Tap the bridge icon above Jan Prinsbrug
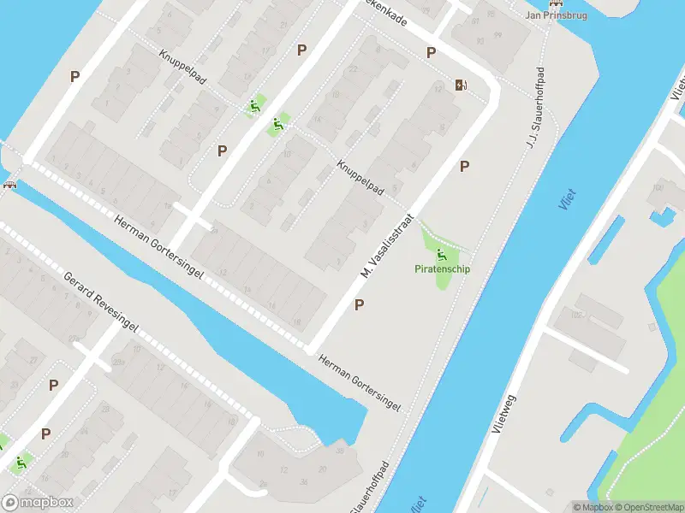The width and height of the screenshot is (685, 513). click(x=557, y=3)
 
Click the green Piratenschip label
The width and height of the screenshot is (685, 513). click(x=443, y=269)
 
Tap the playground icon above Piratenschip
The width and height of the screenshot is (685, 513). click(x=442, y=254)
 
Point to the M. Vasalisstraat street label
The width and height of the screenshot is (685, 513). click(x=385, y=245)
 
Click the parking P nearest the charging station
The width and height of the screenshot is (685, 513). click(x=431, y=53)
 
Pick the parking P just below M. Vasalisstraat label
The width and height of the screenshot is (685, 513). click(x=360, y=304)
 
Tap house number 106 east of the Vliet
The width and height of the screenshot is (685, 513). click(x=658, y=187)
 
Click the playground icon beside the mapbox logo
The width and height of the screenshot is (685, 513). click(x=20, y=463)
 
